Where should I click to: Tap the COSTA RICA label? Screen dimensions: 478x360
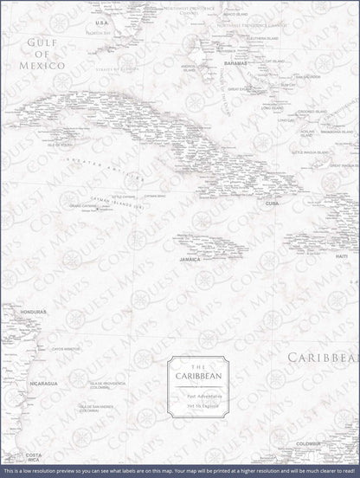(x=32, y=458)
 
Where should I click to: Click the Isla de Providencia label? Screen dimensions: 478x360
(x=102, y=384)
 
